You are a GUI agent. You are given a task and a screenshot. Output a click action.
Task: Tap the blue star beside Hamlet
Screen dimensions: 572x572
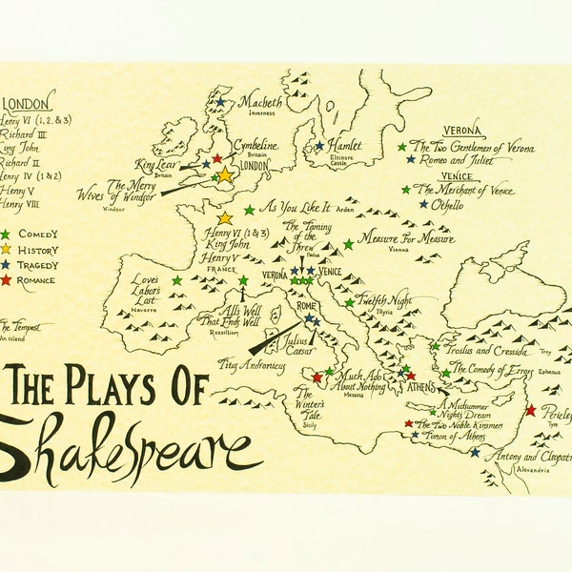[319, 146]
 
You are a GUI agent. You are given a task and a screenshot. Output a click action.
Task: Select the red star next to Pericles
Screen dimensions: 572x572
[530, 410]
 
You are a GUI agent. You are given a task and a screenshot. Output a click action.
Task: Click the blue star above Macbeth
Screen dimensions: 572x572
[221, 101]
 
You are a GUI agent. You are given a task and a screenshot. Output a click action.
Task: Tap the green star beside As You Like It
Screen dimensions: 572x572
[249, 210]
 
